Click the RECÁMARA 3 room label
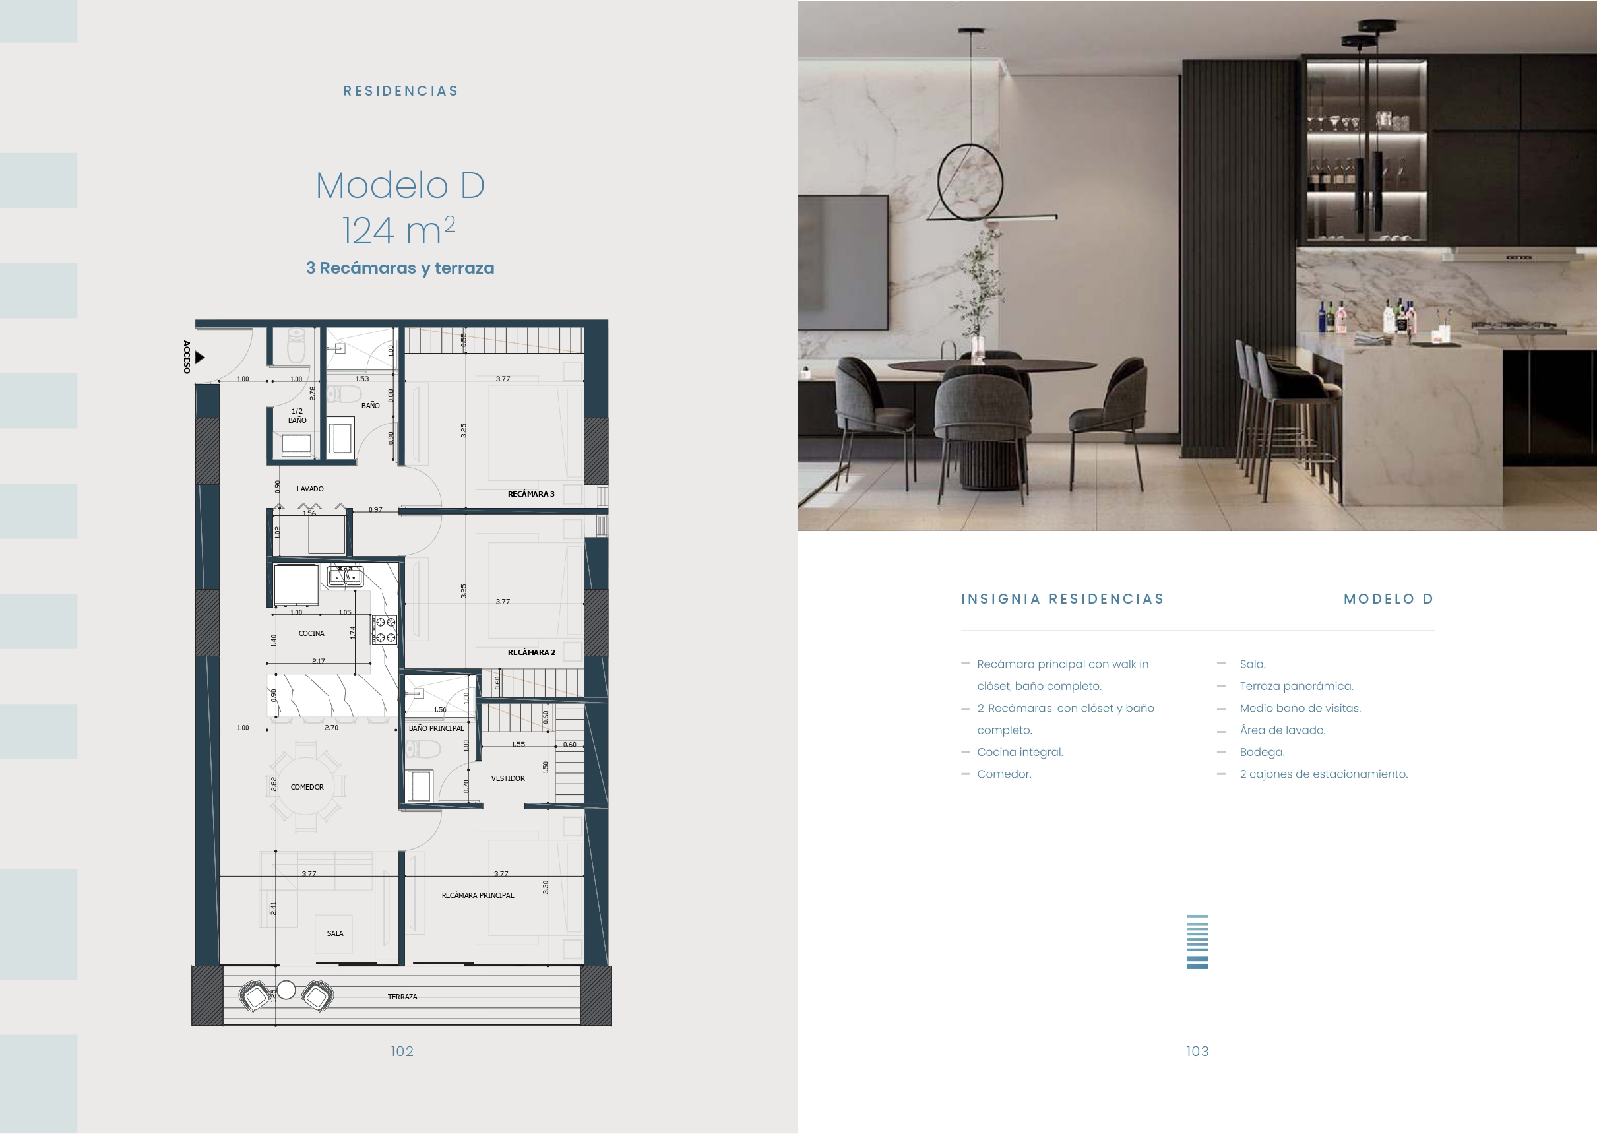tap(531, 493)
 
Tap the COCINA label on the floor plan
tap(311, 633)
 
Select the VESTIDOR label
tap(508, 778)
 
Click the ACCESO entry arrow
tap(200, 358)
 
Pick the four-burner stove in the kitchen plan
tap(384, 629)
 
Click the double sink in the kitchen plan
tap(346, 577)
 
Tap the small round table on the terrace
tap(286, 990)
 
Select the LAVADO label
tap(310, 489)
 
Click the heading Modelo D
tap(400, 186)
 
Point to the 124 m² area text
tap(398, 230)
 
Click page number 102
tap(402, 1051)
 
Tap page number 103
tap(1197, 1051)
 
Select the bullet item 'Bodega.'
tap(1262, 752)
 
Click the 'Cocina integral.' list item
tap(1020, 752)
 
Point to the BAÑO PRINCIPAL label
tap(437, 728)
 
